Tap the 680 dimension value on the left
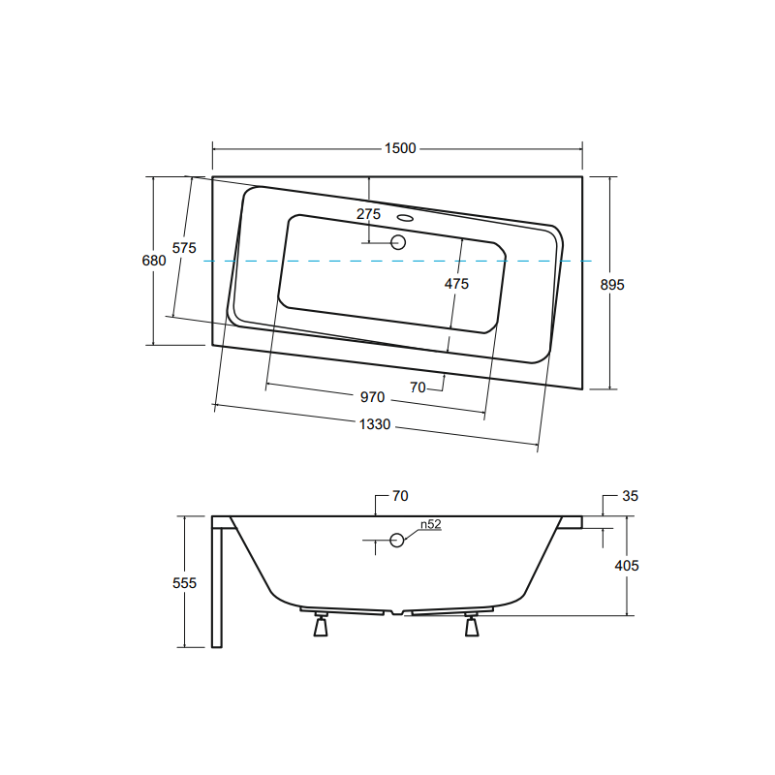[x=154, y=261]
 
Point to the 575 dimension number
[x=184, y=248]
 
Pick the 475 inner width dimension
[x=456, y=284]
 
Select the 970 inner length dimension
[x=373, y=397]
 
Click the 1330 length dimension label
[x=374, y=424]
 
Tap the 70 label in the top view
[x=418, y=387]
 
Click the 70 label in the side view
[x=400, y=496]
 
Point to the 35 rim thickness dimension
[x=630, y=496]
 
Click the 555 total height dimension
[x=184, y=582]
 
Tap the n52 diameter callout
[x=430, y=525]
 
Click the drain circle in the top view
[x=398, y=242]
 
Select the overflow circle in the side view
[x=397, y=541]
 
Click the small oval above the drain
[x=404, y=218]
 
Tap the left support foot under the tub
[x=319, y=627]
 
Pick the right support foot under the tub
[x=472, y=627]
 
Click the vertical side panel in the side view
[x=217, y=586]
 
